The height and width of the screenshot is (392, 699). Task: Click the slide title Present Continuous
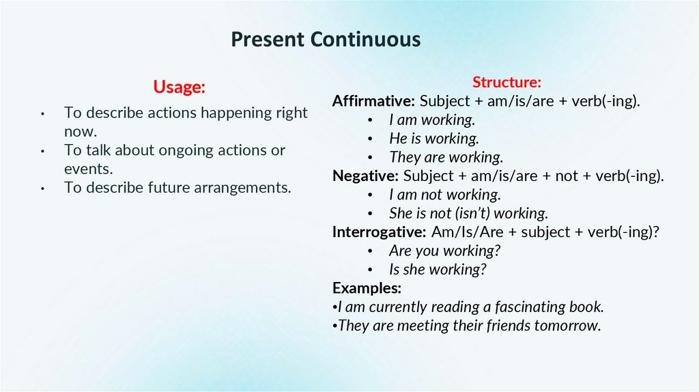tap(325, 40)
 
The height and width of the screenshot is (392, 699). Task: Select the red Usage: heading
tap(179, 87)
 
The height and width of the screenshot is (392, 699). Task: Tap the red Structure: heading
tap(507, 83)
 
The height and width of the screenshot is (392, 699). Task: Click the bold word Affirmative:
tap(373, 101)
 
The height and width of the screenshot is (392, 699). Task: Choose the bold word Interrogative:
tap(380, 232)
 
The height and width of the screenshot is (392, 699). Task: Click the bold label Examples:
tap(367, 287)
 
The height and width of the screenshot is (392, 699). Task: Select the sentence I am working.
tap(431, 120)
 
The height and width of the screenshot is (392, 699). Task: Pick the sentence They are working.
tap(446, 157)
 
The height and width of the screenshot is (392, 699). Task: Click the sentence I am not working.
tap(445, 195)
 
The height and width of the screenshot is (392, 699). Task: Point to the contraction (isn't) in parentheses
tap(466, 213)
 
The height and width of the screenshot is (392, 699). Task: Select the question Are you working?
tap(445, 251)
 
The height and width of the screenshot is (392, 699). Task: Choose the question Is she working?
tap(438, 269)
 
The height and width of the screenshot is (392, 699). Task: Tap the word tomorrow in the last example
tap(567, 325)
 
